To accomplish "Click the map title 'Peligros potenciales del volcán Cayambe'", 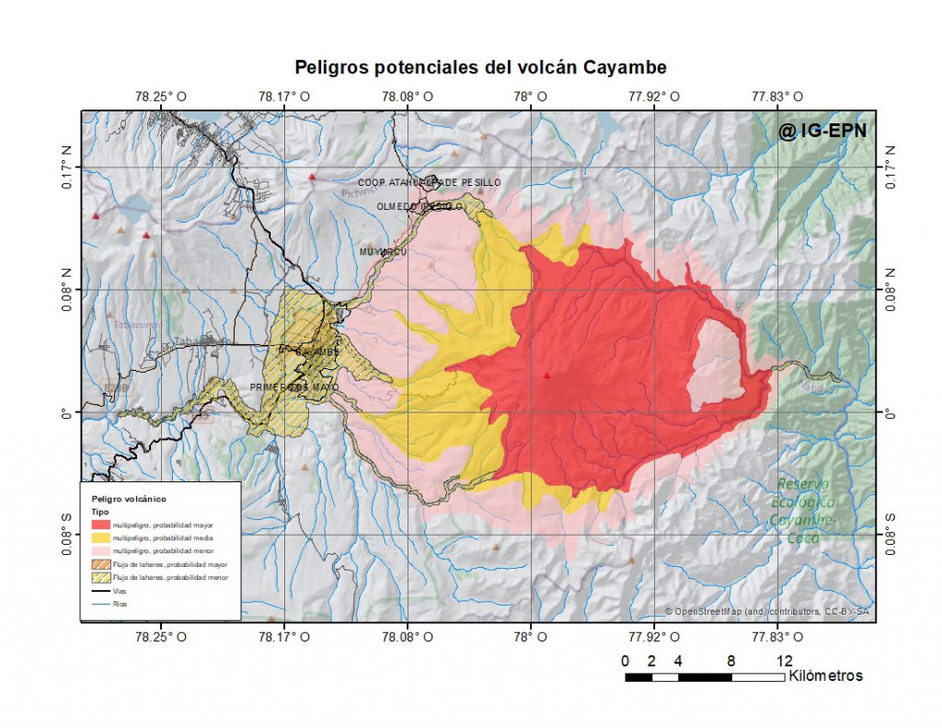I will click(480, 67).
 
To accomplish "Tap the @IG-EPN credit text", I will click(821, 132).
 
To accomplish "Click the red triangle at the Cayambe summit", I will click(546, 376).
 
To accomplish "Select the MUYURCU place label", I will click(383, 251).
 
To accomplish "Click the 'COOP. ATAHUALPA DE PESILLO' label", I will click(430, 183).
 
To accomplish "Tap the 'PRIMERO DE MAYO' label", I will click(293, 387).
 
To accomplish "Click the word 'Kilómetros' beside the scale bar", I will click(825, 676).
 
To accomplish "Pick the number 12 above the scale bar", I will click(784, 660).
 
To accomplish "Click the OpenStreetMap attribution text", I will click(767, 612).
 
